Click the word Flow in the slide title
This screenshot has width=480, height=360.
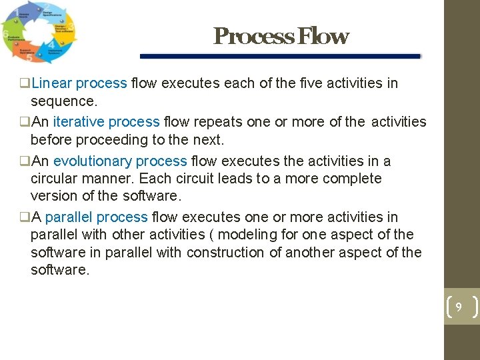pos(323,36)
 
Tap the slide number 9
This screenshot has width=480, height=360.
pos(459,307)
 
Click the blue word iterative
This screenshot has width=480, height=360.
pos(79,122)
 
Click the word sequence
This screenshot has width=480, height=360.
pos(63,101)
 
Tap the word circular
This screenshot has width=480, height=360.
pos(54,179)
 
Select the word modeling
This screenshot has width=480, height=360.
pos(246,235)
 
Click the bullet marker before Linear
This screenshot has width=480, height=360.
pos(25,84)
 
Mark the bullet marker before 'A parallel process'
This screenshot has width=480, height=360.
pos(25,218)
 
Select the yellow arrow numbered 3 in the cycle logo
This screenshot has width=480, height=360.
pos(67,28)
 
